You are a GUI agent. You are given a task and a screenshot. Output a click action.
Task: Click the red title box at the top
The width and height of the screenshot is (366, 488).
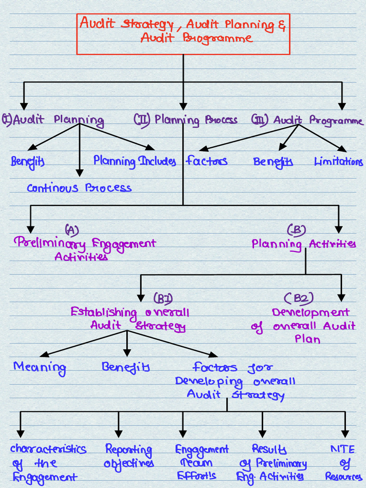(x=183, y=34)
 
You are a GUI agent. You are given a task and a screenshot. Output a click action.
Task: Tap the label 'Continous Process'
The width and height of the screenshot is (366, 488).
(x=79, y=188)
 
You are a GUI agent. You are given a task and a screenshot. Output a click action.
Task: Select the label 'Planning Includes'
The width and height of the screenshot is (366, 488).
(x=134, y=161)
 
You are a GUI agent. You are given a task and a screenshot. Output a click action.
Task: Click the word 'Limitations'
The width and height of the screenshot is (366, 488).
(x=338, y=162)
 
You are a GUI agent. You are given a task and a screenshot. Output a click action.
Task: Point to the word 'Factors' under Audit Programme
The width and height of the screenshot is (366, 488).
(x=206, y=161)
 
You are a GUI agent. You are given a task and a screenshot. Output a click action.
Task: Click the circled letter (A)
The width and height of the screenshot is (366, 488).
(x=72, y=230)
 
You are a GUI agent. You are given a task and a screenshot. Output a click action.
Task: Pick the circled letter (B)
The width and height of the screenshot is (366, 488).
(x=296, y=230)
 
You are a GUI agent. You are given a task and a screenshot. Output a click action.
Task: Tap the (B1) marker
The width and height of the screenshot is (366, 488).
(x=163, y=299)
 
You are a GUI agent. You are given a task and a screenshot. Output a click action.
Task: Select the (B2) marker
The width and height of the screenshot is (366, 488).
(x=299, y=299)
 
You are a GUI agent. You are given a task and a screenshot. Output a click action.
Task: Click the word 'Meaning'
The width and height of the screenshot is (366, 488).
(x=40, y=367)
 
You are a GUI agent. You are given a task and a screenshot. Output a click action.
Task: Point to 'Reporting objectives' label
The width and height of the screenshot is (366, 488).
(x=129, y=456)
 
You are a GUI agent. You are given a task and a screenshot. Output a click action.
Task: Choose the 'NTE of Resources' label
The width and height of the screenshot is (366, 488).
(x=344, y=462)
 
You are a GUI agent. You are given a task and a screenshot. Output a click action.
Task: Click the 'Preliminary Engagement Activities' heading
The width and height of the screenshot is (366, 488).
(x=85, y=249)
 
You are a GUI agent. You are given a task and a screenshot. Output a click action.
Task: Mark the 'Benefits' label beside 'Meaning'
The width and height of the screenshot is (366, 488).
(x=126, y=367)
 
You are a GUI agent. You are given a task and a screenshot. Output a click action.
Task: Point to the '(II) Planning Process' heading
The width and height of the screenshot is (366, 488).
(x=186, y=120)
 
